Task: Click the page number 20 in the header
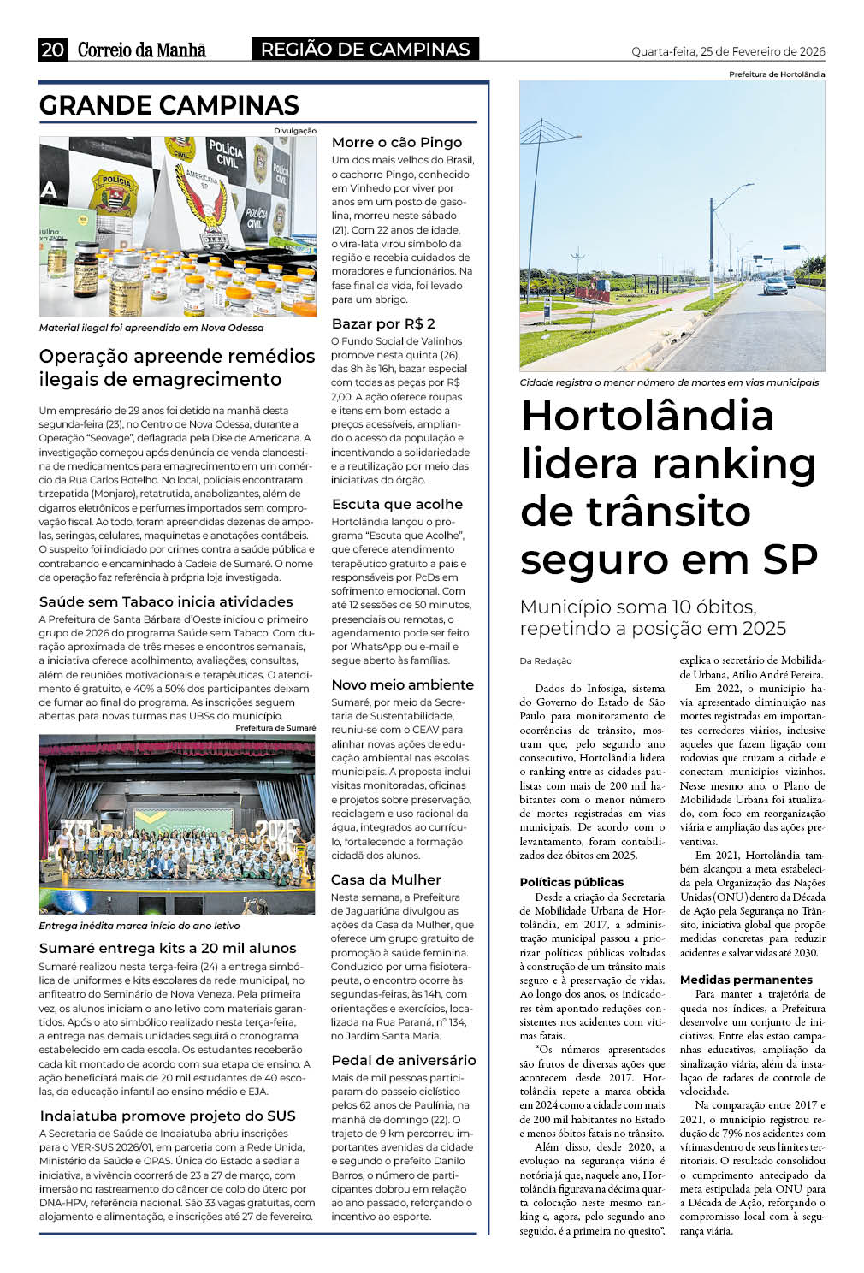pyautogui.click(x=52, y=50)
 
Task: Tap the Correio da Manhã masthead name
pyautogui.click(x=142, y=50)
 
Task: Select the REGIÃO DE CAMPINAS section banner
pyautogui.click(x=365, y=50)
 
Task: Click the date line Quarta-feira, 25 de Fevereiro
pyautogui.click(x=728, y=51)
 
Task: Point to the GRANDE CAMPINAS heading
pyautogui.click(x=169, y=105)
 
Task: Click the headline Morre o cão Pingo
pyautogui.click(x=396, y=142)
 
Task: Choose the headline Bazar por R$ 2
pyautogui.click(x=383, y=323)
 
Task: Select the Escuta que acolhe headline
pyautogui.click(x=397, y=504)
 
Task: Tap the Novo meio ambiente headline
pyautogui.click(x=402, y=684)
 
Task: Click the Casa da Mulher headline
pyautogui.click(x=386, y=879)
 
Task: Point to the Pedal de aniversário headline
pyautogui.click(x=403, y=1060)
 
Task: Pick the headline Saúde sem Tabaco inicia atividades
pyautogui.click(x=166, y=601)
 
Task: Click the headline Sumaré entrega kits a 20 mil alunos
pyautogui.click(x=168, y=948)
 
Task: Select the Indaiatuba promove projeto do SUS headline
pyautogui.click(x=168, y=1116)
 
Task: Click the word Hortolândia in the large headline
pyautogui.click(x=647, y=417)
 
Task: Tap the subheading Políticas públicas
pyautogui.click(x=571, y=882)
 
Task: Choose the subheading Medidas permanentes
pyautogui.click(x=746, y=980)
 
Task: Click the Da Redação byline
pyautogui.click(x=546, y=660)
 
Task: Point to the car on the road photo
pyautogui.click(x=775, y=286)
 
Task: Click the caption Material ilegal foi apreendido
pyautogui.click(x=151, y=328)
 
